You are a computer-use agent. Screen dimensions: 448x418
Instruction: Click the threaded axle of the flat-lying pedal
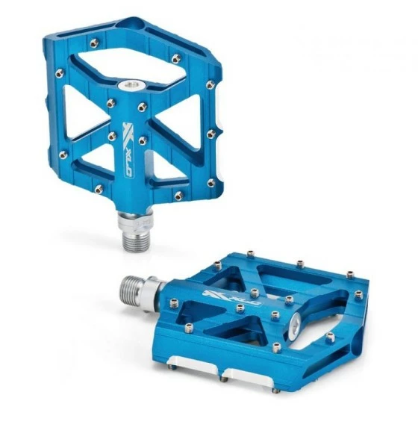[134, 287]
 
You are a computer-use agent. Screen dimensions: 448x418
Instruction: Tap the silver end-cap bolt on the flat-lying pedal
[296, 322]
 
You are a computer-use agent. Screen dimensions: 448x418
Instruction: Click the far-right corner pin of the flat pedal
[359, 295]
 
